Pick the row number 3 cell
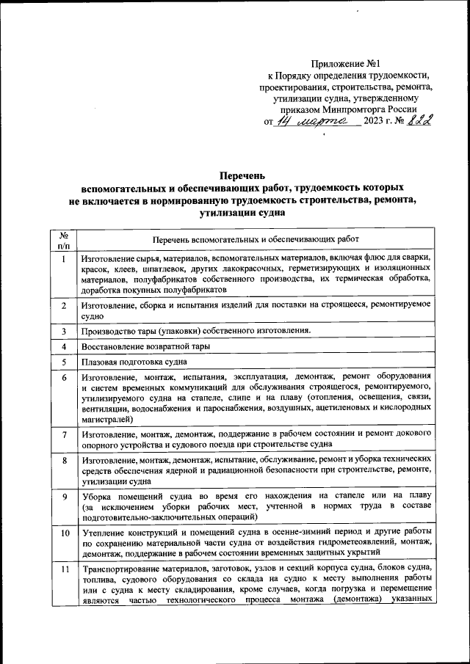[x=64, y=330]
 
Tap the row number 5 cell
[x=64, y=362]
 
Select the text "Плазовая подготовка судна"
[x=134, y=362]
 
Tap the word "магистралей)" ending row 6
[x=108, y=420]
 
